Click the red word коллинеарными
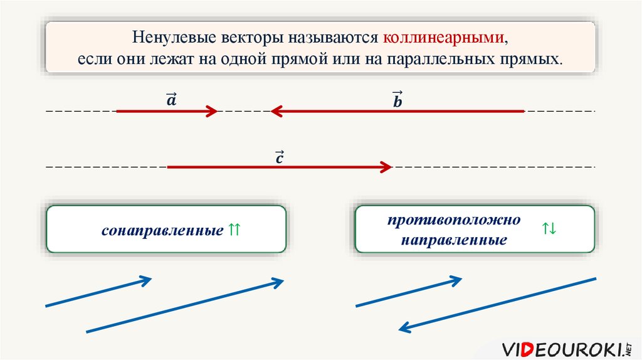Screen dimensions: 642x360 [443, 37]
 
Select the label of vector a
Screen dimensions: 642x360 [172, 100]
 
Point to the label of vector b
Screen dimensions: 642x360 [397, 100]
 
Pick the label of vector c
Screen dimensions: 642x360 [280, 157]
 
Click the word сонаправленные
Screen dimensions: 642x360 [162, 231]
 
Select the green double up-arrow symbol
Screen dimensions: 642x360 [234, 230]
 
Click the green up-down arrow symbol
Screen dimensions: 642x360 [549, 228]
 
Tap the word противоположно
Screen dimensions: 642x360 [454, 220]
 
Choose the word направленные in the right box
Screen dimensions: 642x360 [454, 240]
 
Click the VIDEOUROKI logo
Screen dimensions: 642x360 [567, 349]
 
